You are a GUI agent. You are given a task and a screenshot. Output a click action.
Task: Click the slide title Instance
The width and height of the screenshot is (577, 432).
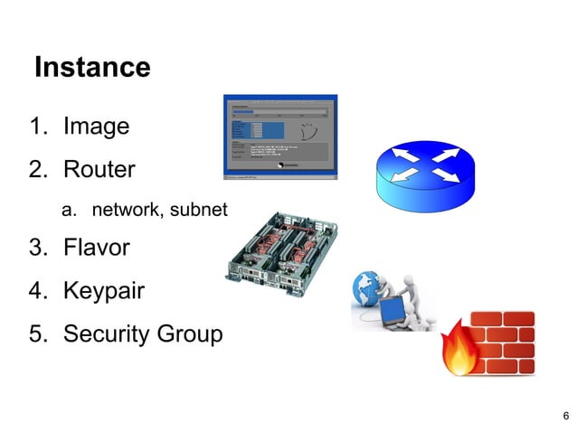pos(91,67)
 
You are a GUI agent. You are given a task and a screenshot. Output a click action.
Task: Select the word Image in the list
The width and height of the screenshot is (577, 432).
pos(96,127)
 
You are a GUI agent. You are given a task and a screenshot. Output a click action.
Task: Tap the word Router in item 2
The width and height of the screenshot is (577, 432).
pos(99,169)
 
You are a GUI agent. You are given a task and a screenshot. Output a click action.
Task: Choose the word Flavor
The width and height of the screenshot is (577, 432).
pos(96,248)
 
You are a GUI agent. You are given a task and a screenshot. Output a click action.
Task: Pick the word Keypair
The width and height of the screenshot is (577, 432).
pos(103,292)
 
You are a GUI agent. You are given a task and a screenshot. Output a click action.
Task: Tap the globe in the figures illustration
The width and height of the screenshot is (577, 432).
pos(370,290)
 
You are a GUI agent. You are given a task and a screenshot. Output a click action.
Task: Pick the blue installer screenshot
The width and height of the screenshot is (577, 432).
pos(280,136)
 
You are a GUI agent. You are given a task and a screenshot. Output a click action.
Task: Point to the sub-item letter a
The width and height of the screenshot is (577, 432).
pos(66,211)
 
